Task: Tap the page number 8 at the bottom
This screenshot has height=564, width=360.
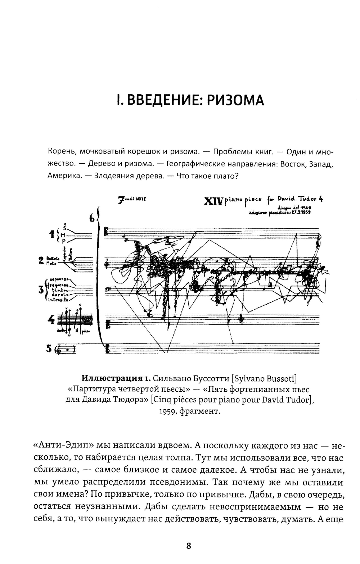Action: coord(188,546)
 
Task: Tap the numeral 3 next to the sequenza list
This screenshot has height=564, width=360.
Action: coord(41,289)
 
